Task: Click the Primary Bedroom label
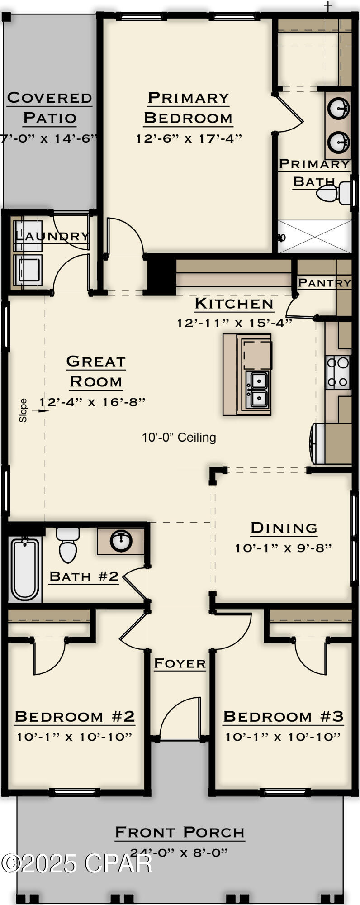click(188, 108)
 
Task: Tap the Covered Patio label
click(49, 108)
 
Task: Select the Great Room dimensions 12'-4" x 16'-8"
click(92, 402)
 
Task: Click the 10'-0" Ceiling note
click(179, 437)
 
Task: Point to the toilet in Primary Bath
click(333, 193)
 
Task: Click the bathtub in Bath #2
click(25, 568)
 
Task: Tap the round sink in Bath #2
click(121, 541)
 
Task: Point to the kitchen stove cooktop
click(338, 372)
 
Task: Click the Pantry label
click(324, 283)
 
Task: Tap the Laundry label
click(52, 236)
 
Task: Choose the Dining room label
click(284, 528)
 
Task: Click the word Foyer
click(180, 663)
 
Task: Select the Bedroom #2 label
click(75, 716)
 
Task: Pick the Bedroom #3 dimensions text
click(283, 737)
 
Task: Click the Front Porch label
click(180, 832)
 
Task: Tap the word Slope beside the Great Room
click(23, 410)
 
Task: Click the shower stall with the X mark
click(315, 237)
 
